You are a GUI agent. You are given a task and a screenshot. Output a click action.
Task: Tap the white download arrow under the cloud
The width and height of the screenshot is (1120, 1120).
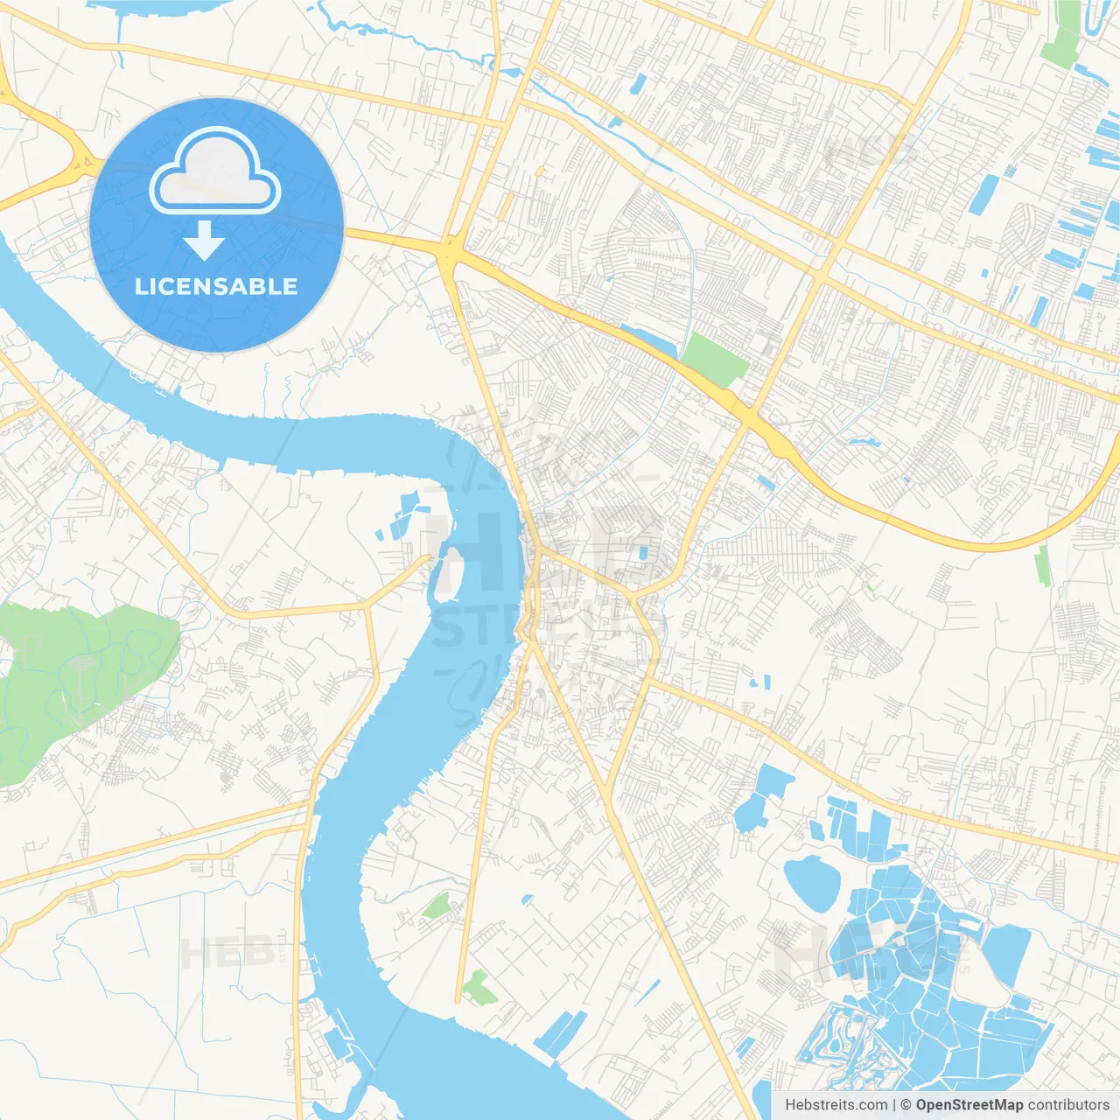click(x=204, y=241)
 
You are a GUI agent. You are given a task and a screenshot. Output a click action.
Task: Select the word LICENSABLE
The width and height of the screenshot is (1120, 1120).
click(x=216, y=286)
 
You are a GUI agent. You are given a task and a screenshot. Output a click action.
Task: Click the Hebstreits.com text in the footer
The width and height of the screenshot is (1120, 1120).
click(x=836, y=1105)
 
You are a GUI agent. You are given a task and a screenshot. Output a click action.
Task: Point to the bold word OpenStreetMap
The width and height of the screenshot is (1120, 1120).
click(x=969, y=1105)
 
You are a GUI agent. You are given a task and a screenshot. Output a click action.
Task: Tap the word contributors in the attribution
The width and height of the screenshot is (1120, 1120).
click(x=1068, y=1105)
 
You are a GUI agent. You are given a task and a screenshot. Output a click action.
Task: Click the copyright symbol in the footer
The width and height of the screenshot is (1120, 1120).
click(x=906, y=1105)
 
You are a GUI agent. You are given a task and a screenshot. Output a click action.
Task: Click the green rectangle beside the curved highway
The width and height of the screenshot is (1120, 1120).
click(x=714, y=359)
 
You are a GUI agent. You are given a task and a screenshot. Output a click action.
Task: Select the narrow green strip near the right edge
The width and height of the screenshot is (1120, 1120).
click(x=1042, y=566)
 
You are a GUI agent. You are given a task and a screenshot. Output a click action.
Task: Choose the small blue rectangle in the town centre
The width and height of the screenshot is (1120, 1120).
click(x=644, y=553)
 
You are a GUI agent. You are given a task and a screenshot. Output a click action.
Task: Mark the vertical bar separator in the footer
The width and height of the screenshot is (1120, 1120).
click(x=894, y=1105)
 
